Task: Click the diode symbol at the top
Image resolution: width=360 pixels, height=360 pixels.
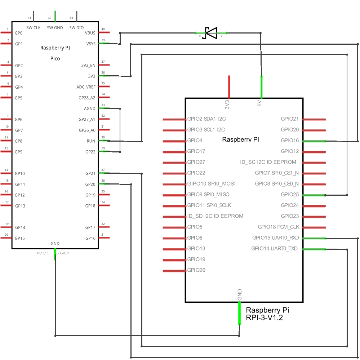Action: [x=211, y=33]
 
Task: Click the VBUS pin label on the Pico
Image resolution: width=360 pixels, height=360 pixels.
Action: [x=90, y=33]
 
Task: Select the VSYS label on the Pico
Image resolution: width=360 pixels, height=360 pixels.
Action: [x=90, y=44]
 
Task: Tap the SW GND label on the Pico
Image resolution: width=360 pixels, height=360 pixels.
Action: [x=55, y=27]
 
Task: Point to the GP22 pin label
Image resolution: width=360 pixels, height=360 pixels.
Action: [x=90, y=152]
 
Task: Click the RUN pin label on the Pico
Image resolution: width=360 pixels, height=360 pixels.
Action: [x=91, y=141]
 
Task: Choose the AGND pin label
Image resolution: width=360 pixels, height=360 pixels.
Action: [x=89, y=108]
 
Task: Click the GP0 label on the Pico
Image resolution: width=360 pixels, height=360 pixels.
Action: [x=19, y=33]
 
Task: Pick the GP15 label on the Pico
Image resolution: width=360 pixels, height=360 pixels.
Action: [x=20, y=238]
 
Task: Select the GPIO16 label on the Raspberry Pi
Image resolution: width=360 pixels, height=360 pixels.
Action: [x=290, y=141]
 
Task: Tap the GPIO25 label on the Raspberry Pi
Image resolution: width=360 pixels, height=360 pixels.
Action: [x=290, y=195]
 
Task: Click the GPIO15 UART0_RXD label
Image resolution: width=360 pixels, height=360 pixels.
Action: [x=275, y=238]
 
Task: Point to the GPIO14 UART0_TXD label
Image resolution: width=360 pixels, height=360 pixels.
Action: [x=275, y=249]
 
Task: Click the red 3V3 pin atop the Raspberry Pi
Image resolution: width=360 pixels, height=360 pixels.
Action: [x=229, y=87]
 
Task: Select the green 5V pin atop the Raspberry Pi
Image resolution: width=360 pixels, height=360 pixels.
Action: [x=261, y=87]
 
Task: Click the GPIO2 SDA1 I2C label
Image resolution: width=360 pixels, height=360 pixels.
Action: [x=206, y=119]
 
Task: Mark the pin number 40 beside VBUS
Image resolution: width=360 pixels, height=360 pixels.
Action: [x=103, y=29]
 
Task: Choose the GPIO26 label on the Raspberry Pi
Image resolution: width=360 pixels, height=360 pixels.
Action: [x=196, y=270]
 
